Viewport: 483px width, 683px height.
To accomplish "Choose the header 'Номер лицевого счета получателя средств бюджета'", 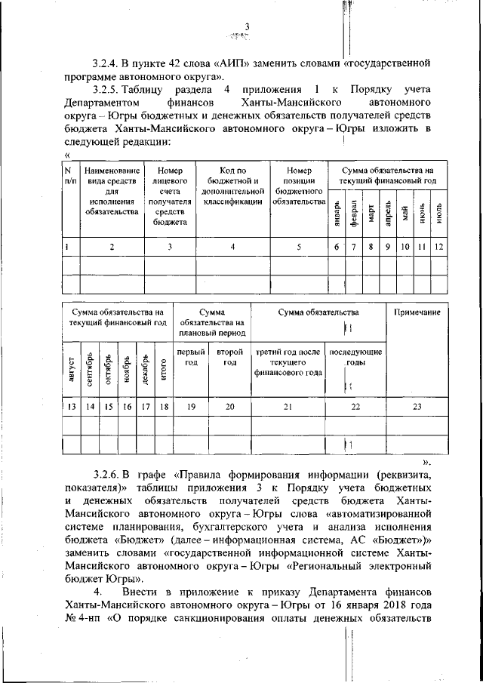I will click(170, 196).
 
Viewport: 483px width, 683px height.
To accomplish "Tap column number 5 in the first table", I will click(299, 246).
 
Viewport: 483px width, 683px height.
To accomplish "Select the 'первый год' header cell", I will click(192, 357).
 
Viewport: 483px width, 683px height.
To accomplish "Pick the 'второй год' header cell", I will click(230, 357).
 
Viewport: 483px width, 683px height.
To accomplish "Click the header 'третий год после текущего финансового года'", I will click(288, 361).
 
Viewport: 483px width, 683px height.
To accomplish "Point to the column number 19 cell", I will click(192, 407).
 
